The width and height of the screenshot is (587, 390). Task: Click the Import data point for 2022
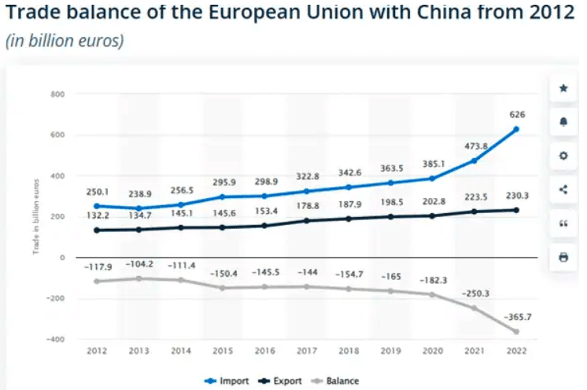pos(516,129)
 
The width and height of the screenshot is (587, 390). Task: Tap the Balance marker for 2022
pos(516,331)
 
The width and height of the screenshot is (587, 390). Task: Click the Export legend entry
pos(285,381)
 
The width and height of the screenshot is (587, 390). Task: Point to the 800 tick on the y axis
pos(57,94)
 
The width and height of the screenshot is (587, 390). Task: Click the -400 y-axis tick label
pos(55,339)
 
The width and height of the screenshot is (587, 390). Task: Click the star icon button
pos(563,88)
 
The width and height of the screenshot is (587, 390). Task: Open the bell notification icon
pos(563,122)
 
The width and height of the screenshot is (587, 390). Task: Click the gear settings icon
pos(563,156)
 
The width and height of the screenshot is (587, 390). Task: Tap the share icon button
pos(563,189)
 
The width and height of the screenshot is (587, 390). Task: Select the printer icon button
pos(563,257)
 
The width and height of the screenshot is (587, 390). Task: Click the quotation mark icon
pos(563,223)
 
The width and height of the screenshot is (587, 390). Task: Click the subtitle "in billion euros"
pos(65,42)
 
